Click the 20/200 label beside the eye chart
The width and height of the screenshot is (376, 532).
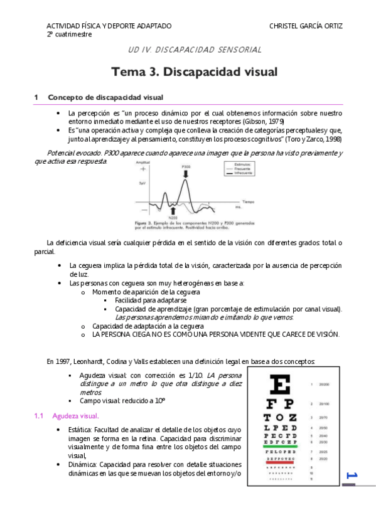tap(325, 383)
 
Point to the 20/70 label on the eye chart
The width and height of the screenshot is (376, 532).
tap(324, 417)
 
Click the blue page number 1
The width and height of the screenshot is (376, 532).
tap(351, 476)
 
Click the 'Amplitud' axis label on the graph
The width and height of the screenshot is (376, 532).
tap(144, 162)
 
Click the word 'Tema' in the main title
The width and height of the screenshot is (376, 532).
tap(129, 72)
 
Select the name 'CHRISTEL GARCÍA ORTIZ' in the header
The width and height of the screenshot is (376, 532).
tap(306, 26)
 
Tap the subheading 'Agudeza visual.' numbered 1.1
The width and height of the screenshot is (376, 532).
tap(75, 416)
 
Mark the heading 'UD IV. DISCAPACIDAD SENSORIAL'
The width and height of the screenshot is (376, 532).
tap(195, 50)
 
